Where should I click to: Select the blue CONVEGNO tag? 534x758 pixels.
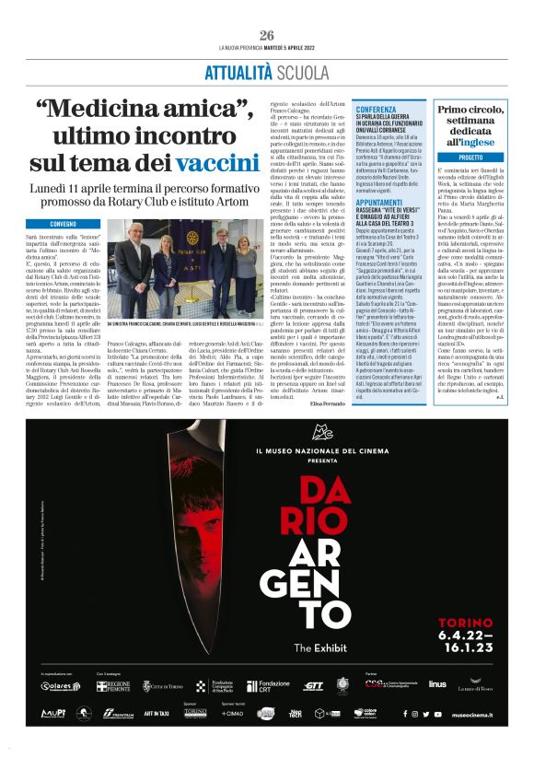tap(64, 224)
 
